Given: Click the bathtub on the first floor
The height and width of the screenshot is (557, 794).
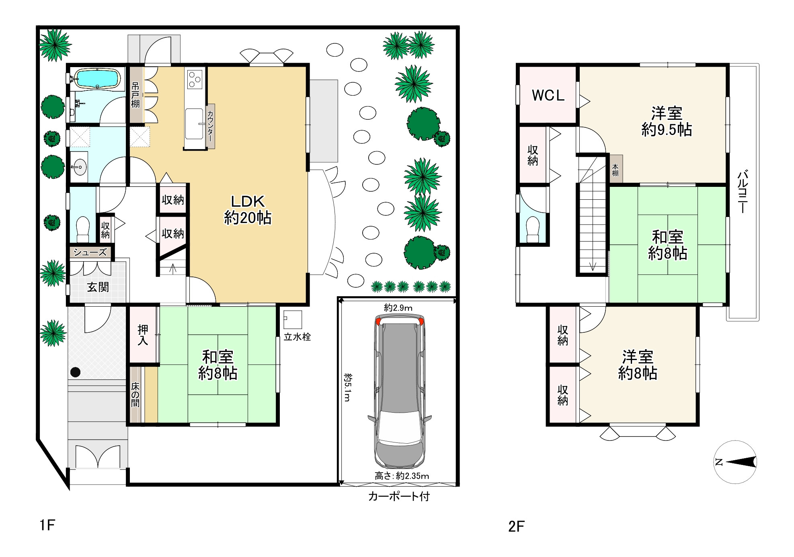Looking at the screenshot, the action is (98, 78).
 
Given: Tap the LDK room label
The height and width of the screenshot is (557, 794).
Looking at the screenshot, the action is (248, 201).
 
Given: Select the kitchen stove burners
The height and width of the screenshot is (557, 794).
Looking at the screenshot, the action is (195, 78).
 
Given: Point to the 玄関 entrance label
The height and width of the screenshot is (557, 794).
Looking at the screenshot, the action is (98, 287).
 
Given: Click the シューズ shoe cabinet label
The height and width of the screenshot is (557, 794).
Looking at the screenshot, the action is (90, 252).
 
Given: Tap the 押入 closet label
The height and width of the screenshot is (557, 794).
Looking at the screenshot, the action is (143, 335).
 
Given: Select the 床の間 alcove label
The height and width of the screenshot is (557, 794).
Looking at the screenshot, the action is (135, 394).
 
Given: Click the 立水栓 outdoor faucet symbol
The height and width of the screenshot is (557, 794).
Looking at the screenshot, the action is (292, 319).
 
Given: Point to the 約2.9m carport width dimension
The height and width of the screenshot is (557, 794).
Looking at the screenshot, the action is (398, 308).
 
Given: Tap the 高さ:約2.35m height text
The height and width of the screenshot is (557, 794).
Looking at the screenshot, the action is (402, 476).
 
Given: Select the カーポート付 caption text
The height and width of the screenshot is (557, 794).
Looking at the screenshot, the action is (399, 496).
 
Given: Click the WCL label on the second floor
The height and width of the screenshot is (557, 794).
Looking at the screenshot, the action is (548, 95).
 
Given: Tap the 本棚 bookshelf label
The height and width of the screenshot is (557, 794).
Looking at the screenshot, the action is (615, 170).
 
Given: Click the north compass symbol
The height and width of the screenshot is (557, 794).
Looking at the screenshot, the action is (736, 462).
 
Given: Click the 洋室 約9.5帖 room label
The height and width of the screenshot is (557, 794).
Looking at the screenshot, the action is (667, 121).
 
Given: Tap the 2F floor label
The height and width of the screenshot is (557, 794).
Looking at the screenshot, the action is (516, 526).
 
